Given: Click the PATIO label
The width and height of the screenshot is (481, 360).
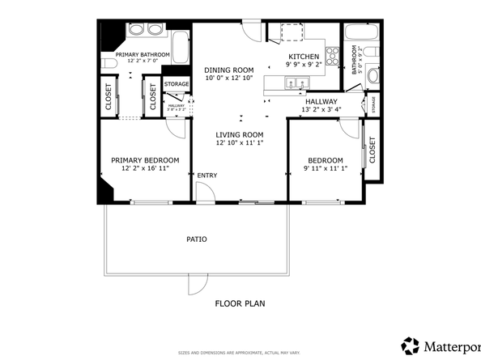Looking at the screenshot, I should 196,239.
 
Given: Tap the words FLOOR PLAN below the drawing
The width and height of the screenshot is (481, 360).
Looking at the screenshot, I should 240,304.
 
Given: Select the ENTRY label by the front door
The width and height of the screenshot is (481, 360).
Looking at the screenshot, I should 206,176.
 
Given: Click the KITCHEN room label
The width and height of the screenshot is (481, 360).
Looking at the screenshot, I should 304,56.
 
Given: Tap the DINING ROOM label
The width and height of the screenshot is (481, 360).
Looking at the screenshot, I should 228,70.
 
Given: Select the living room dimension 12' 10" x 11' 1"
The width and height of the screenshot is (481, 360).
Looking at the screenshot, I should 240,142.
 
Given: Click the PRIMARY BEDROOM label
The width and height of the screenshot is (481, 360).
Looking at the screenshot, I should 144,160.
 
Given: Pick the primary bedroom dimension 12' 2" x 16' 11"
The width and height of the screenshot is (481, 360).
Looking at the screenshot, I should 144,168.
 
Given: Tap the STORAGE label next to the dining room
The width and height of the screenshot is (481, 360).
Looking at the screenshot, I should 177,84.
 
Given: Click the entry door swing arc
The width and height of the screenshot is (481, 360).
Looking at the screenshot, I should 205,191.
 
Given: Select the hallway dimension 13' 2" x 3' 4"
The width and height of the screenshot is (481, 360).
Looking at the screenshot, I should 321,109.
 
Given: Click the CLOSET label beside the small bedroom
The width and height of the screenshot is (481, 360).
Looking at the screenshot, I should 372,150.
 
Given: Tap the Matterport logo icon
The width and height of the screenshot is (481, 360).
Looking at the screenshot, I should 411,345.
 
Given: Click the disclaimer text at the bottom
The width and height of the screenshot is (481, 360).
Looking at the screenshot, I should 239,353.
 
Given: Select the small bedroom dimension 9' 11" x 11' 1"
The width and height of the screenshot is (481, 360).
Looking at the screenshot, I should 324,168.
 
